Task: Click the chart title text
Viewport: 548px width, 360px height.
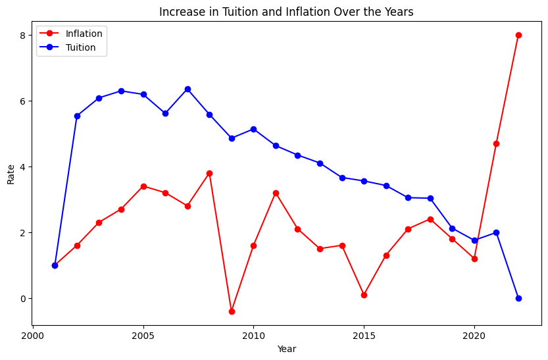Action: (286, 12)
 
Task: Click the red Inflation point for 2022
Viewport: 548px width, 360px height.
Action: (518, 35)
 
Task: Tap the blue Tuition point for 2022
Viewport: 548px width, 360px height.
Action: (518, 299)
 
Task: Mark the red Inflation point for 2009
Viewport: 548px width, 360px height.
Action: (232, 311)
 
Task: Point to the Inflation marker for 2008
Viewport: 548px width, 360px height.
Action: (209, 173)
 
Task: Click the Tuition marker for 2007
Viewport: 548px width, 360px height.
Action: (187, 89)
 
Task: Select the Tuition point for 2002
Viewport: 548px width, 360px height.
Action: (77, 116)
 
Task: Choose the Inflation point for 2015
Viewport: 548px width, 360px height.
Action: (364, 295)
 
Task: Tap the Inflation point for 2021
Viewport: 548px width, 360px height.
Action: (496, 143)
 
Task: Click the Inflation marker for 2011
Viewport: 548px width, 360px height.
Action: (276, 193)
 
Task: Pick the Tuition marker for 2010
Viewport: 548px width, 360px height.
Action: (253, 129)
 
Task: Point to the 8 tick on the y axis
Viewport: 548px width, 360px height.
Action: (23, 36)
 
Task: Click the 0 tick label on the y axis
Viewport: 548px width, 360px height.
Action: (23, 299)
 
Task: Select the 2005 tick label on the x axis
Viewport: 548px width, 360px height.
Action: (143, 336)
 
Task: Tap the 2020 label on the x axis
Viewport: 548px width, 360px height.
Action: (474, 336)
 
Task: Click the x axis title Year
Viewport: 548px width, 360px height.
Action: (287, 349)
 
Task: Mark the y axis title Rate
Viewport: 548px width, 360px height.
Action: (11, 174)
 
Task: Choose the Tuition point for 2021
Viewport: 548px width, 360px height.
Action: (496, 233)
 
